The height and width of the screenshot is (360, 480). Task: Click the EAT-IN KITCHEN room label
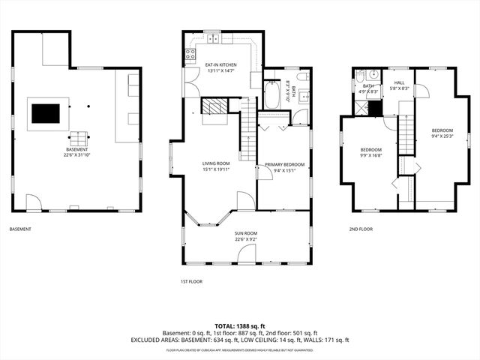220,65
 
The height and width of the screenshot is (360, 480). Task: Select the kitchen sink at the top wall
213,37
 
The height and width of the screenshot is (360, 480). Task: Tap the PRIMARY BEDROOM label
283,164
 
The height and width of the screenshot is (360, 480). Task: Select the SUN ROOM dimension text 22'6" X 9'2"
246,239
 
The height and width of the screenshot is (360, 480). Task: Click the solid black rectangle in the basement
46,112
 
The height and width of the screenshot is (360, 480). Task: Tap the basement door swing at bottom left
34,202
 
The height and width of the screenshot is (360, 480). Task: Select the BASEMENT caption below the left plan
20,229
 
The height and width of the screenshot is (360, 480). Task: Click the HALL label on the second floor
399,83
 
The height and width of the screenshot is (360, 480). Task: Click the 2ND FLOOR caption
361,229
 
